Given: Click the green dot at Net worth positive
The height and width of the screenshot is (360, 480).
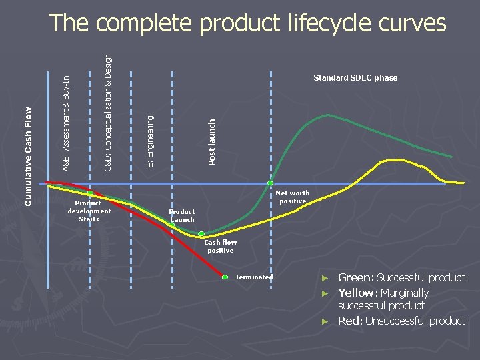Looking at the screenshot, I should click(x=271, y=183).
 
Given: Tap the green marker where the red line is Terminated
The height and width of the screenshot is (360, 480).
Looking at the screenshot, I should click(x=225, y=277).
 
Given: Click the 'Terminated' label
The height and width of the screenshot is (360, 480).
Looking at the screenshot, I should click(x=254, y=277).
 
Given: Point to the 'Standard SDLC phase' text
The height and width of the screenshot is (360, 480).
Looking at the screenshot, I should click(x=355, y=78).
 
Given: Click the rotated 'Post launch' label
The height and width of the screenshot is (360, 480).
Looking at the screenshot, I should click(x=212, y=142).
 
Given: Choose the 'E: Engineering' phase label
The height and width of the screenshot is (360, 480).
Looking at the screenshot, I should click(x=151, y=141).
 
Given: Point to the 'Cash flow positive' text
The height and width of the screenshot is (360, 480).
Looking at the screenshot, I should click(x=220, y=247).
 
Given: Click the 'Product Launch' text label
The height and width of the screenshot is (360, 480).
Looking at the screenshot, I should click(x=182, y=215).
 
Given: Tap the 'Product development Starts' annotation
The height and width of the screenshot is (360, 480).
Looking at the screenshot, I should click(x=89, y=211).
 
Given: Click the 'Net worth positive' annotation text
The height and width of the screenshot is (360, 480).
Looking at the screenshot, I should click(x=293, y=197).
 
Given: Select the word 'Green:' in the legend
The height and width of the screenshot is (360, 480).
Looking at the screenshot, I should click(x=357, y=278).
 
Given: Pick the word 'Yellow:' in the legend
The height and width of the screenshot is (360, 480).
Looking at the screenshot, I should click(x=359, y=293).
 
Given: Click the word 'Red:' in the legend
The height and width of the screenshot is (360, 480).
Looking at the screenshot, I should click(x=351, y=321).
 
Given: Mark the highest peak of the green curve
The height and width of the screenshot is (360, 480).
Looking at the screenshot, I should click(x=327, y=115).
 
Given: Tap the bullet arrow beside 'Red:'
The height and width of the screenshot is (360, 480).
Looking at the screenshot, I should click(x=325, y=321).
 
